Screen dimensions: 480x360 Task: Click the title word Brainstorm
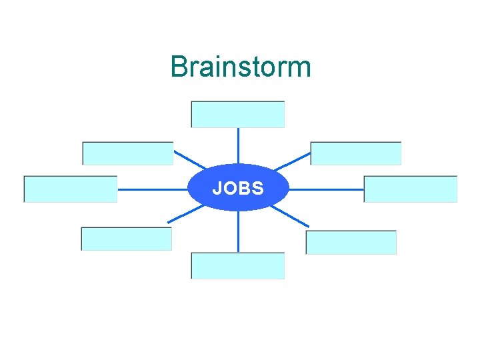tap(240, 67)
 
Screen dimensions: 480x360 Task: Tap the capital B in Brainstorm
tap(178, 67)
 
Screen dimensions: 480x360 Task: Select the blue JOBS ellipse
tap(238, 188)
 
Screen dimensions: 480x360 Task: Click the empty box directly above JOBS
tap(238, 114)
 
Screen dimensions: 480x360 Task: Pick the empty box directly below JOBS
tap(238, 265)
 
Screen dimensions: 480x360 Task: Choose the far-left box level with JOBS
tap(71, 189)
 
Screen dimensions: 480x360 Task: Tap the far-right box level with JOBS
tap(411, 189)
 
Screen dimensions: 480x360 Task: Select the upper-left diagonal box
tap(128, 153)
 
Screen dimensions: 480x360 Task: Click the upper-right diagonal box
tap(356, 153)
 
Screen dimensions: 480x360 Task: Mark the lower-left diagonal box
tap(127, 239)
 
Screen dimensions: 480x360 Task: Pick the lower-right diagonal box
tap(351, 243)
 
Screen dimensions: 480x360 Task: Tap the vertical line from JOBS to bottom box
tap(238, 232)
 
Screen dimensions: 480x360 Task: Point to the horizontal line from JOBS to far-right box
tap(327, 189)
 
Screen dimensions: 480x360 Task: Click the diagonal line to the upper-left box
tap(189, 160)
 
